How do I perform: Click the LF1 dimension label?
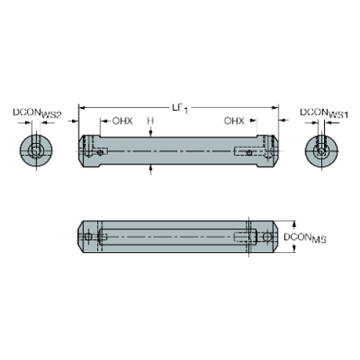click(x=180, y=109)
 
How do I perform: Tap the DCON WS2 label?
click(x=37, y=113)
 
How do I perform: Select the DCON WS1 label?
click(x=324, y=113)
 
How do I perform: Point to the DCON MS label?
click(x=305, y=238)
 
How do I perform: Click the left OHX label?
click(x=123, y=120)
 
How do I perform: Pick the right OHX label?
click(x=234, y=120)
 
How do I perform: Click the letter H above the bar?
click(x=151, y=120)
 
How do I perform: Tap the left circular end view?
click(x=36, y=151)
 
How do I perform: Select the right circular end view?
click(x=322, y=151)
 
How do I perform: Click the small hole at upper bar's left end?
click(x=100, y=153)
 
